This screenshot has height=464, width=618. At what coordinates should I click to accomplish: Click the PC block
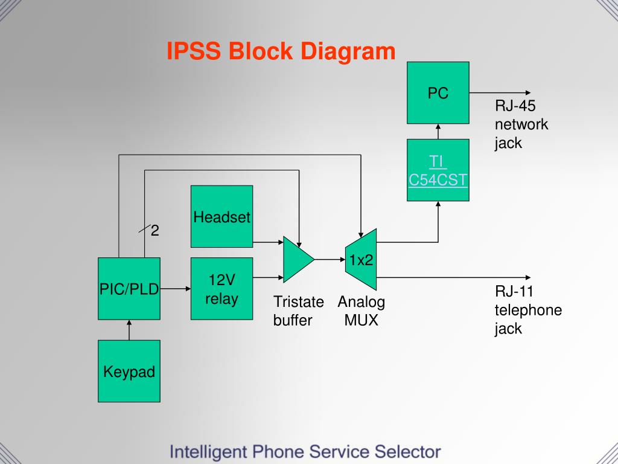438,92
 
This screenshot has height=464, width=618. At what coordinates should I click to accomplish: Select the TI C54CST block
438,170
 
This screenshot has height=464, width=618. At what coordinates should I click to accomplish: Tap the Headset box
222,217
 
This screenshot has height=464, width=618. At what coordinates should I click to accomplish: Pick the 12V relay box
222,288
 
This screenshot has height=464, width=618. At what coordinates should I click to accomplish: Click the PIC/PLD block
129,288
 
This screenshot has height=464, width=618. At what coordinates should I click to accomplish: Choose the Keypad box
129,371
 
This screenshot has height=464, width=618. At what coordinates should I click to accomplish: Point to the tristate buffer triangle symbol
299,259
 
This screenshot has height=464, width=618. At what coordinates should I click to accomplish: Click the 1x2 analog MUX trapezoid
361,259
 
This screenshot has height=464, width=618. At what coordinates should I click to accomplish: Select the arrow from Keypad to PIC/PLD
129,330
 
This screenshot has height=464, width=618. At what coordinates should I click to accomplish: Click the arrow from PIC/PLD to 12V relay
176,289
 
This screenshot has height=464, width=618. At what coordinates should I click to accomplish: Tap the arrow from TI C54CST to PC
438,131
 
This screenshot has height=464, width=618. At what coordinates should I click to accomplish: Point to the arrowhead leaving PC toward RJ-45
528,93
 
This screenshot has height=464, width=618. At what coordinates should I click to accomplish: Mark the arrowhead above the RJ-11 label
528,278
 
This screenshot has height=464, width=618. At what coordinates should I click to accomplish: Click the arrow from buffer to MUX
330,260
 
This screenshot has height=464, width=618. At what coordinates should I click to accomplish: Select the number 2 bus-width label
155,230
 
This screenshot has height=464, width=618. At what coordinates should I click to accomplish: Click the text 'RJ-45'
515,106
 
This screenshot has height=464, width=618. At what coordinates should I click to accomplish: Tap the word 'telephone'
528,310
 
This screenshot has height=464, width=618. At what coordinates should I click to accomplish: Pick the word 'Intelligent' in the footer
208,452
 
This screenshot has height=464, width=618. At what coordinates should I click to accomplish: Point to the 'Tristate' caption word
298,302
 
